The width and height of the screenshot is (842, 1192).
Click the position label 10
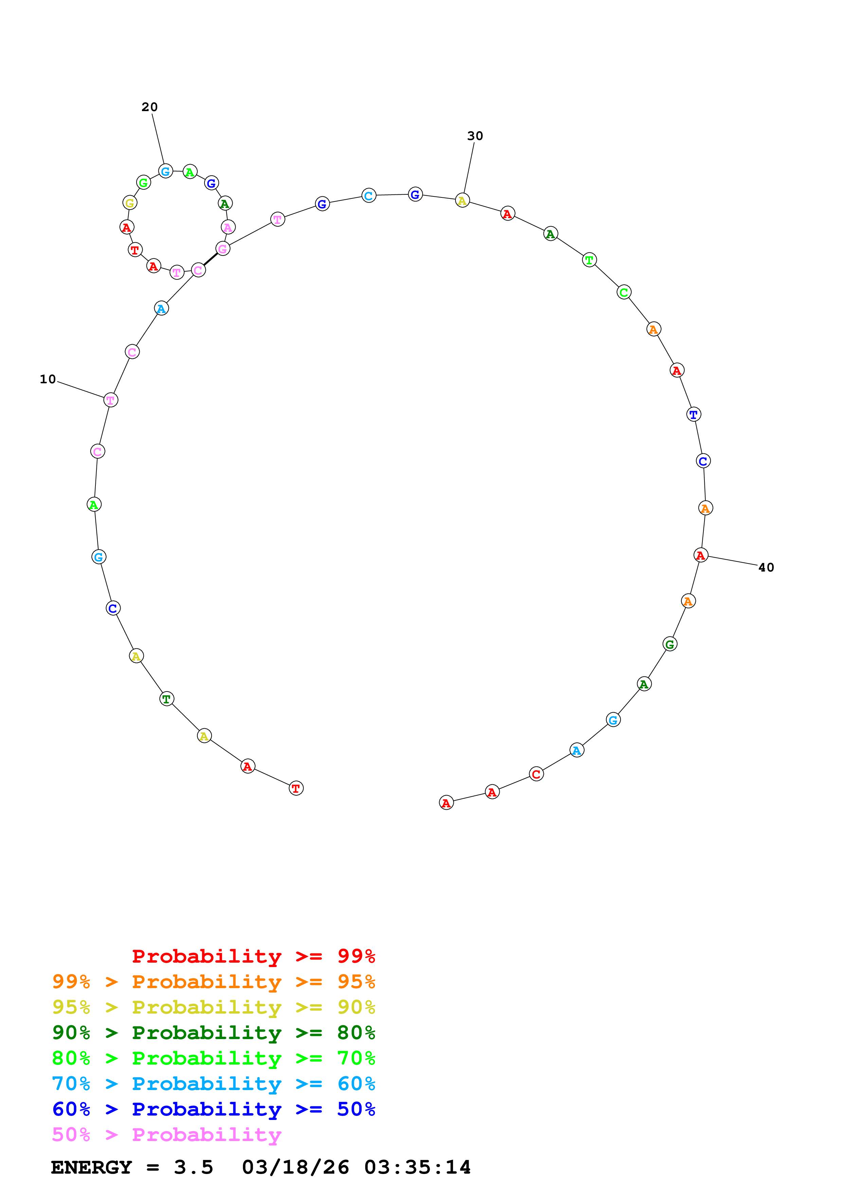pyautogui.click(x=48, y=380)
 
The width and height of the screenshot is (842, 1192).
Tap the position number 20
pyautogui.click(x=149, y=107)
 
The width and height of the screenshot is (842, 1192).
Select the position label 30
pyautogui.click(x=475, y=136)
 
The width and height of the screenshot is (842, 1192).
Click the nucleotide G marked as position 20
pyautogui.click(x=165, y=171)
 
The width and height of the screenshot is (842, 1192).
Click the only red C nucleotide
pyautogui.click(x=536, y=774)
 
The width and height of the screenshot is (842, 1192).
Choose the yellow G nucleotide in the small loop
pyautogui.click(x=130, y=203)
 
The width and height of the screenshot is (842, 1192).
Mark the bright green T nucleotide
pyautogui.click(x=589, y=260)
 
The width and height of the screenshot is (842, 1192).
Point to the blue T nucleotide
pyautogui.click(x=694, y=414)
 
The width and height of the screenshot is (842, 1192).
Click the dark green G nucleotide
pyautogui.click(x=670, y=644)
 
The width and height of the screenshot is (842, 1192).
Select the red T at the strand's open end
pyautogui.click(x=296, y=788)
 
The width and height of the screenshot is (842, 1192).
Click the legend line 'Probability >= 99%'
pyautogui.click(x=253, y=956)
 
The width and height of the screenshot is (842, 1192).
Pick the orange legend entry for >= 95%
pyautogui.click(x=213, y=982)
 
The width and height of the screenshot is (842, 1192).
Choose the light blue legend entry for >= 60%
pyautogui.click(x=213, y=1084)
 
